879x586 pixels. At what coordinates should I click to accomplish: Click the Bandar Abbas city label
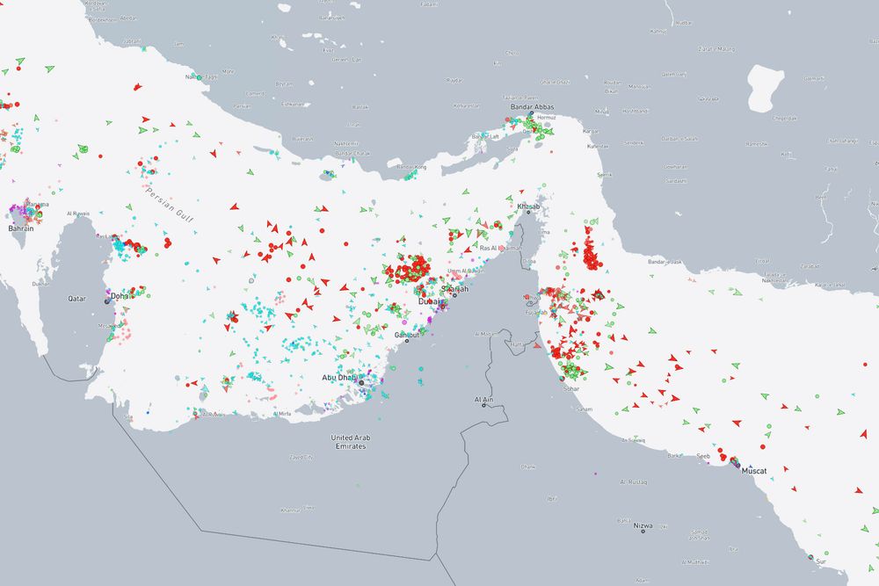pos(529,107)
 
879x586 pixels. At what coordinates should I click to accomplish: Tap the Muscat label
pos(753,471)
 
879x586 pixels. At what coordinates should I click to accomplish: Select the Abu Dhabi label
pos(338,378)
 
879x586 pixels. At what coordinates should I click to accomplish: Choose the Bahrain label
pos(20,228)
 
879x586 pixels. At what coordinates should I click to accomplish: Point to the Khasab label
pos(527,206)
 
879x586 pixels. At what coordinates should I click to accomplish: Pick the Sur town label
pos(821,561)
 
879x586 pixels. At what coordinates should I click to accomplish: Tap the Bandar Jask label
pos(665,262)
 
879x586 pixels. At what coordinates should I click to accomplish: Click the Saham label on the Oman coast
pos(584,409)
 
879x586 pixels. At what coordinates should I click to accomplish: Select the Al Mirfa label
pos(279,413)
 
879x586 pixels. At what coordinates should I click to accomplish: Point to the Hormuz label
pos(546,117)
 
